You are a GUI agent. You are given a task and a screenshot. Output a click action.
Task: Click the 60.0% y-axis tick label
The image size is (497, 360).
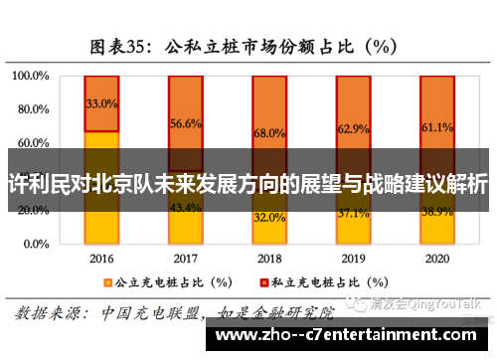(32, 143)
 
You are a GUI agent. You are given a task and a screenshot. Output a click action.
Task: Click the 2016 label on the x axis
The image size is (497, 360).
(101, 258)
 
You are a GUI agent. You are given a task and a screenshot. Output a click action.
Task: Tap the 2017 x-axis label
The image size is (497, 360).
(186, 258)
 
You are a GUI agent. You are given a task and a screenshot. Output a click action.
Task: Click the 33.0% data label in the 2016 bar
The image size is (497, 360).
(102, 103)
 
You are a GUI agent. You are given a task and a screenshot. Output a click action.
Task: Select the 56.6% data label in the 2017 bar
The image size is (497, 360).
(186, 123)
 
